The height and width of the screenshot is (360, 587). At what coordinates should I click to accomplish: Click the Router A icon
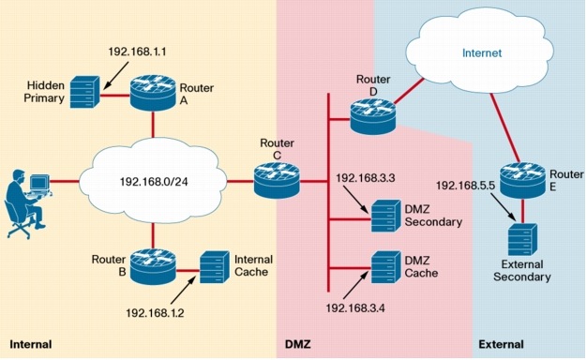[x=152, y=95]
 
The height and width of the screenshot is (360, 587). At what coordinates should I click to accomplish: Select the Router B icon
[x=152, y=266]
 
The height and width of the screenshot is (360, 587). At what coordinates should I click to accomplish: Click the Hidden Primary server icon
[x=84, y=94]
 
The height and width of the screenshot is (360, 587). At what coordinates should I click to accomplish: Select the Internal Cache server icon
[x=215, y=264]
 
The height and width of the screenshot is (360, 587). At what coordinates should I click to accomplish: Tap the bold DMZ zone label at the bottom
[x=297, y=344]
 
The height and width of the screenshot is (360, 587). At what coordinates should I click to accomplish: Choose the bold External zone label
[x=501, y=344]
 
